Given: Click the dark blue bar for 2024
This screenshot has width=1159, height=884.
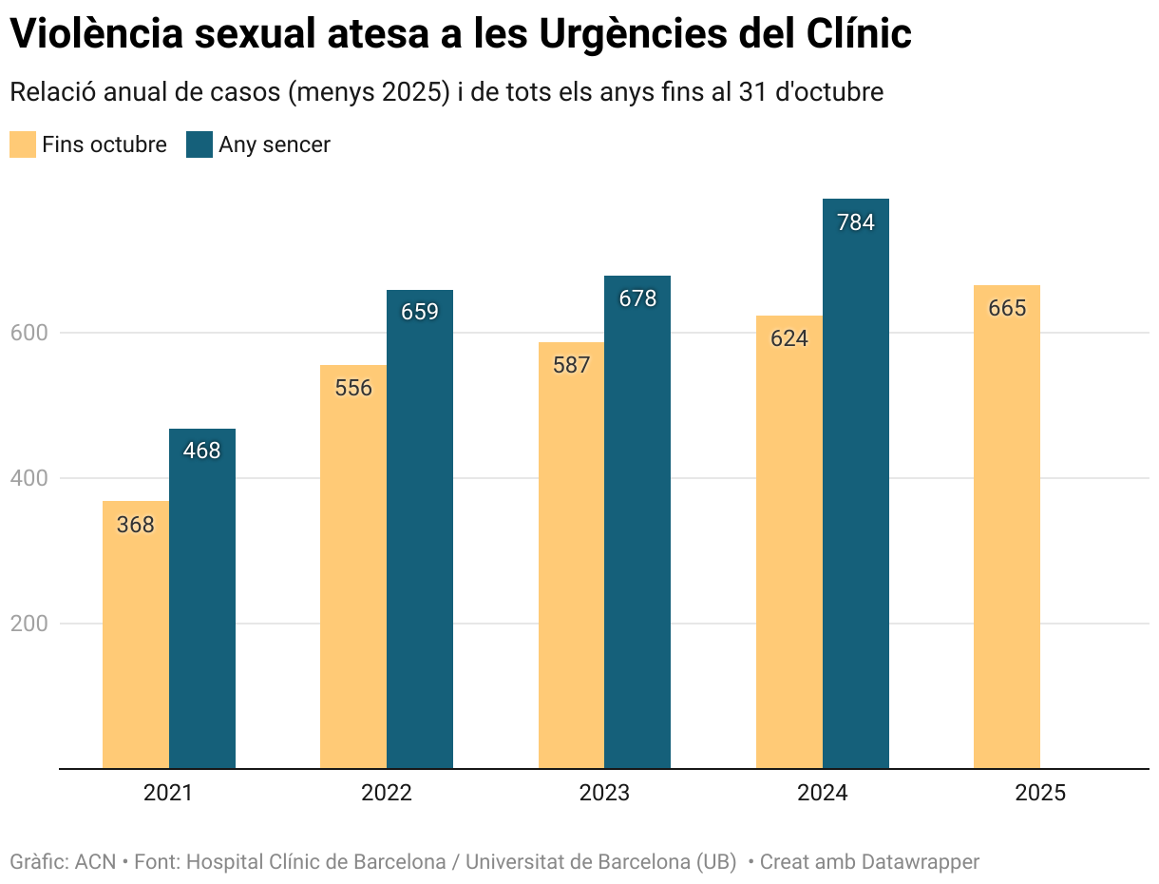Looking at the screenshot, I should (x=855, y=494).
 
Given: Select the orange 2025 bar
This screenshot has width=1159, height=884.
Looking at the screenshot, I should (x=1006, y=532).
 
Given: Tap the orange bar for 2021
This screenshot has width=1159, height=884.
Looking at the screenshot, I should (x=135, y=646).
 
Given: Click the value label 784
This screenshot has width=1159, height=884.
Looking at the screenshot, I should (x=855, y=222).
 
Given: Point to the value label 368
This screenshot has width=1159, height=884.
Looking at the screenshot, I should (x=135, y=525).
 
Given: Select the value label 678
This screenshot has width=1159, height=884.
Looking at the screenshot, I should (x=637, y=298).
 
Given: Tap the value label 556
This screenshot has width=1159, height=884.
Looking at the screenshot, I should (x=353, y=388).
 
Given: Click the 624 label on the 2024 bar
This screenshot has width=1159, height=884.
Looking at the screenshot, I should (x=788, y=338).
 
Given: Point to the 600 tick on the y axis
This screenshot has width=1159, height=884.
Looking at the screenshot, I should (x=28, y=333).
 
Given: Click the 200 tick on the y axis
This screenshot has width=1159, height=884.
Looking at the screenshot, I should (x=28, y=624).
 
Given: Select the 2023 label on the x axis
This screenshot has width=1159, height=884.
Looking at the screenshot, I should (x=604, y=793).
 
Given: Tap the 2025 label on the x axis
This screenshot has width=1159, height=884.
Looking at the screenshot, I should (x=1040, y=793).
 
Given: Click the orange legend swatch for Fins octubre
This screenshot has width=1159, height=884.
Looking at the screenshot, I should (x=23, y=144).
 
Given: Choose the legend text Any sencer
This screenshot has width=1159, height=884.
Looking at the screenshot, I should (x=275, y=144).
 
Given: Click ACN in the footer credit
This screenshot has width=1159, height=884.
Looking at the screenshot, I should (x=95, y=862).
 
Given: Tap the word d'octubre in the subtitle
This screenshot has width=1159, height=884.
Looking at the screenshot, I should (x=831, y=92).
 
